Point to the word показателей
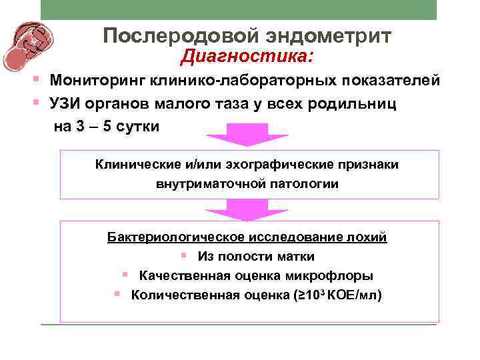click(x=391, y=81)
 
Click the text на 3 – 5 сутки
click(x=107, y=126)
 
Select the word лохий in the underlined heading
click(x=369, y=237)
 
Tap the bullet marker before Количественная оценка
click(x=117, y=293)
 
